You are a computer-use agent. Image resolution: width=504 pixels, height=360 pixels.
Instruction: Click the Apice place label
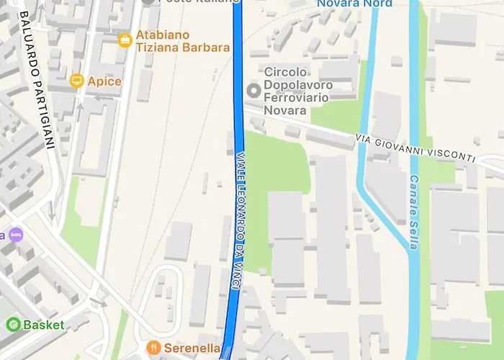104,81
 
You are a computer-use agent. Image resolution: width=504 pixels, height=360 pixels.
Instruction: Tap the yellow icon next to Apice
77,81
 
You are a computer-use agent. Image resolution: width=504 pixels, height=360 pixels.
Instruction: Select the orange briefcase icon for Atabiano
125,39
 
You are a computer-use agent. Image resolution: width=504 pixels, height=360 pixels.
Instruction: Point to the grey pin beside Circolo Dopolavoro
253,91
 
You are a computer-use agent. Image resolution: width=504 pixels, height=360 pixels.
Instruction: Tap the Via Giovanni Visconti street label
415,148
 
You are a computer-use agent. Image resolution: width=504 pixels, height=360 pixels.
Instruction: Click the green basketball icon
12,325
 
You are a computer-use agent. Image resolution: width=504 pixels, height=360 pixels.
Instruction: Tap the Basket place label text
43,325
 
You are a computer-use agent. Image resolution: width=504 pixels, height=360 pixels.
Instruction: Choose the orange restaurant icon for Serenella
153,348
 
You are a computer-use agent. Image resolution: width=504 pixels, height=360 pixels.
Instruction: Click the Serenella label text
192,348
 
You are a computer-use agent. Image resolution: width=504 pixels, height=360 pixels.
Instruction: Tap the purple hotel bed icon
16,235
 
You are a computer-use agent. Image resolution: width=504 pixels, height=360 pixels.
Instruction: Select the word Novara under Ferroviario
286,110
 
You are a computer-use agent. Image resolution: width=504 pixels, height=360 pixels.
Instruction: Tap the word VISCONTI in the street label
451,153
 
